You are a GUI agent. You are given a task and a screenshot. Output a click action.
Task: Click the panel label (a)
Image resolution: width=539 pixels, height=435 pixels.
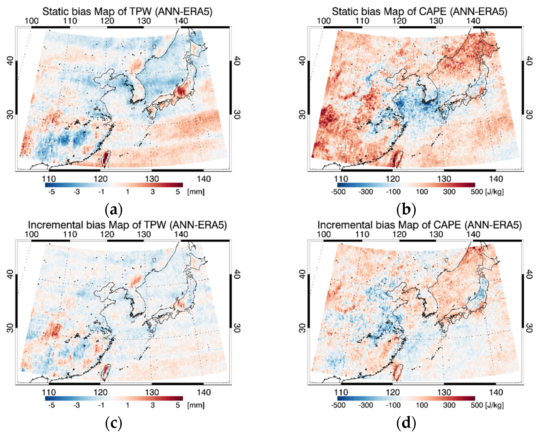click(114, 210)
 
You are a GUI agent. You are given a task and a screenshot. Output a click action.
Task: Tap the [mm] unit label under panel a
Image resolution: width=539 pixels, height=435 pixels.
click(196, 192)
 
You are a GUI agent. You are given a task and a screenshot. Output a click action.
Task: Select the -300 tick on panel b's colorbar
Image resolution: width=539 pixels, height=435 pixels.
click(366, 192)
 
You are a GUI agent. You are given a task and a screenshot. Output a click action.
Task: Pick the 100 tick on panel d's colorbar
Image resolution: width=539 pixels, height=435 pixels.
click(422, 405)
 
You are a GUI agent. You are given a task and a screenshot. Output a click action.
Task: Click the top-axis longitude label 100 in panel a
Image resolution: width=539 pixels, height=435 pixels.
click(32, 21)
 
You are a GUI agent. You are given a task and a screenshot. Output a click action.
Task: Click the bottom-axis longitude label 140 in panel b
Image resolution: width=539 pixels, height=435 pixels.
click(496, 179)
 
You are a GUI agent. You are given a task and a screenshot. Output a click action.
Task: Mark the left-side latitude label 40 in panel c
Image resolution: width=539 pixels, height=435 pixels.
click(10, 274)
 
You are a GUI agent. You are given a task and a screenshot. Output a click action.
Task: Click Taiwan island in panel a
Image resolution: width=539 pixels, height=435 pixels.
click(106, 159)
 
